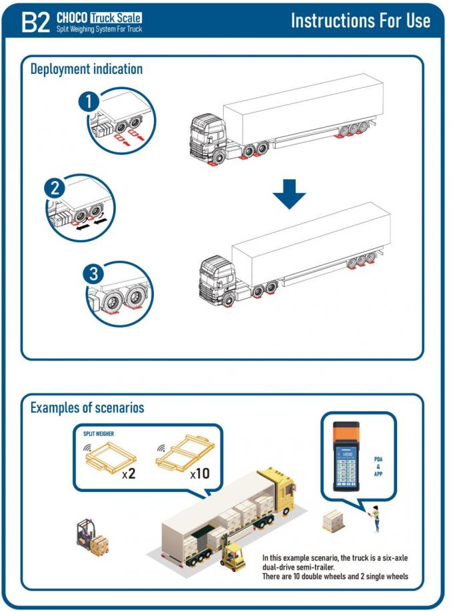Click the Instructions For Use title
pyautogui.click(x=360, y=20)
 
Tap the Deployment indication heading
pyautogui.click(x=87, y=69)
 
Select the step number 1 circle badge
pyautogui.click(x=89, y=101)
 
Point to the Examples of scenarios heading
pyautogui.click(x=87, y=407)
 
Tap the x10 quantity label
pyautogui.click(x=200, y=475)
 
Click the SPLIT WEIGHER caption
pyautogui.click(x=99, y=433)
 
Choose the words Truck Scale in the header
pyautogui.click(x=117, y=17)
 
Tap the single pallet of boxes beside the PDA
pyautogui.click(x=334, y=521)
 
